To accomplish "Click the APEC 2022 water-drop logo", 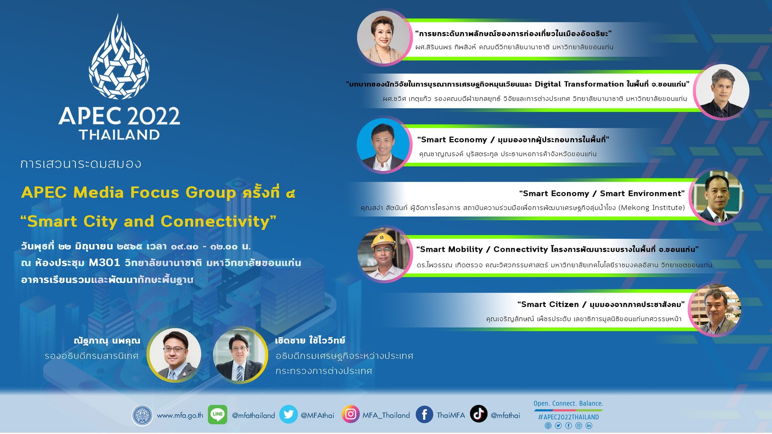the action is tap(119, 57).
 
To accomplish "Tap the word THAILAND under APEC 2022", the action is tap(119, 135).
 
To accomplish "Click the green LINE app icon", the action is tap(218, 414).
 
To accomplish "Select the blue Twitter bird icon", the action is tap(288, 414).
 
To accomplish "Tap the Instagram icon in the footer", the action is tap(351, 414).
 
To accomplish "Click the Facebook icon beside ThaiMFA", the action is tap(424, 414).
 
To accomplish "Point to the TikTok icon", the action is tap(479, 414).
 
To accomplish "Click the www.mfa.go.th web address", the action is tap(180, 416).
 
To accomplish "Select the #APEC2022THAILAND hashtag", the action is tap(568, 417).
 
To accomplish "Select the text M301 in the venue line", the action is tap(104, 262).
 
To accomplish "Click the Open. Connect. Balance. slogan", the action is tap(568, 403).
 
